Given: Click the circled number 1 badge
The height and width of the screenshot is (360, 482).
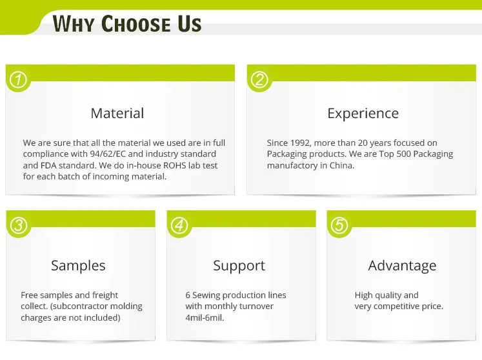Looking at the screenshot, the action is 19,79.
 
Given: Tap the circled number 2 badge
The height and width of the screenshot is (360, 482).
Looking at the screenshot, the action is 259,79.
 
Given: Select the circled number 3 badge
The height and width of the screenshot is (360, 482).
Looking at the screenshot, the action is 19,225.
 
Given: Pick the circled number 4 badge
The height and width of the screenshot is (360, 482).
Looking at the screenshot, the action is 179,225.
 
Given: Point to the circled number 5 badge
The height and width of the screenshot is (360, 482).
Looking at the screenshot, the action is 339,225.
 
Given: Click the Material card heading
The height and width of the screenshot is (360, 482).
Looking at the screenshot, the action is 117,113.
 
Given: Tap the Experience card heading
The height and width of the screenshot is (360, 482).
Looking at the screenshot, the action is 363,114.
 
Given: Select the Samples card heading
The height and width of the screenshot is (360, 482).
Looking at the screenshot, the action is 78,266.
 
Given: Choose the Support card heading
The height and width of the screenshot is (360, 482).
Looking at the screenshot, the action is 239,266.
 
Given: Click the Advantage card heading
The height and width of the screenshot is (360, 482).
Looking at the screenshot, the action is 402,266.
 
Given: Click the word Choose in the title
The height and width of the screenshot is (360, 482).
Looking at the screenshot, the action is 136,24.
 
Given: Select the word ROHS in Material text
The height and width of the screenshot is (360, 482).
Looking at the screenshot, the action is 175,165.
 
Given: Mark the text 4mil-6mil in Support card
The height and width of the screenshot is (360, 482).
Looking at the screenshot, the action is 205,317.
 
